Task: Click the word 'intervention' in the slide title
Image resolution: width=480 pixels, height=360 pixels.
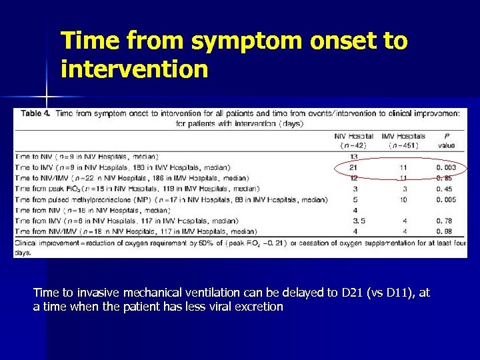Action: pos(134,68)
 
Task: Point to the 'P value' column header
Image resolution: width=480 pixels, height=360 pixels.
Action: pos(446,140)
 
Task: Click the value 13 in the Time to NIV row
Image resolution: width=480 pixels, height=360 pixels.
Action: pos(354,157)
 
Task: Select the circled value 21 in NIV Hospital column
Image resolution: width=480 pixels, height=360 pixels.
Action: pos(354,167)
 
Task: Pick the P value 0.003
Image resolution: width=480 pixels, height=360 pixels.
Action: pos(446,167)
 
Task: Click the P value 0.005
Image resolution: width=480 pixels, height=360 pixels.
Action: pos(446,199)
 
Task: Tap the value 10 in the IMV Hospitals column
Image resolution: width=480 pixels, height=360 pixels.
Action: pos(402,199)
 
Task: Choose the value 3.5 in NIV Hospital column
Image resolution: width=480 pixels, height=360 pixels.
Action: pos(354,221)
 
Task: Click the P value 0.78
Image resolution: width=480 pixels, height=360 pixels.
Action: pos(446,221)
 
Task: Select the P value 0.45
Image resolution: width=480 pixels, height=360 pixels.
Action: pos(446,189)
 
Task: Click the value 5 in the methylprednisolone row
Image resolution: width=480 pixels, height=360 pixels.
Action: pos(354,199)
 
